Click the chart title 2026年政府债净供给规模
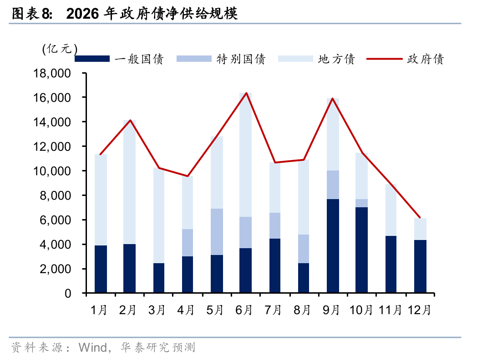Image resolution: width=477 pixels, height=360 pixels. click(152, 15)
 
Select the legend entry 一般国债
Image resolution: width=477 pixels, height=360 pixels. click(139, 59)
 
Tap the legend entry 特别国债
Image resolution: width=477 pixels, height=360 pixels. click(241, 59)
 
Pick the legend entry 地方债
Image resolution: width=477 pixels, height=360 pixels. click(336, 59)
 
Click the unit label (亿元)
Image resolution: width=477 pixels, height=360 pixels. click(60, 49)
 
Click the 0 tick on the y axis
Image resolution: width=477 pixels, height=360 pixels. click(67, 293)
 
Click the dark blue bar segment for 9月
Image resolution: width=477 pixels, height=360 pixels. click(333, 245)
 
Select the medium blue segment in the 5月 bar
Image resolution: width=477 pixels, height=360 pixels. click(217, 232)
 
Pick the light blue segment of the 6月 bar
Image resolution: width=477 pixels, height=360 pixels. click(245, 155)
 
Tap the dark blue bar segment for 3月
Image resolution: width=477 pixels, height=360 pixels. click(159, 278)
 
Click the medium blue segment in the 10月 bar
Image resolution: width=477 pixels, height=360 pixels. click(361, 203)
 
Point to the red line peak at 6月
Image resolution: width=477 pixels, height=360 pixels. click(246, 93)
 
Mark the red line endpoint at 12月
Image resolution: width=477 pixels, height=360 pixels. click(420, 218)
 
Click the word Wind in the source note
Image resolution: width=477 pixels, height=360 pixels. click(92, 348)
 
